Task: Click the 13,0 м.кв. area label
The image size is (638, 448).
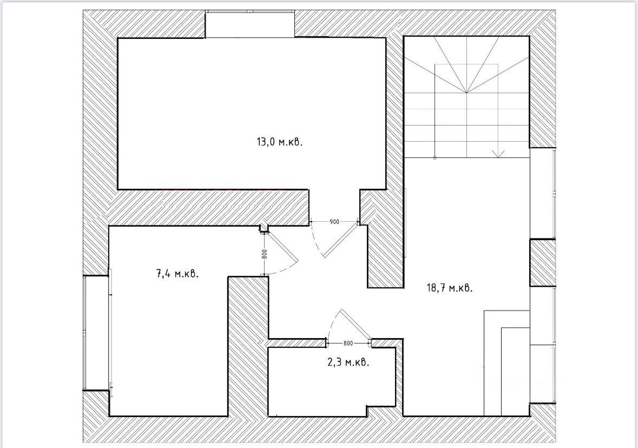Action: (279, 142)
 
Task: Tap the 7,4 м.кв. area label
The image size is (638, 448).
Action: (177, 273)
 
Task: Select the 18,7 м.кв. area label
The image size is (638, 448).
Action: (450, 288)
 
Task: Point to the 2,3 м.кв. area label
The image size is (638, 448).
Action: (348, 363)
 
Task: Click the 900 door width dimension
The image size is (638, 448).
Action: (334, 222)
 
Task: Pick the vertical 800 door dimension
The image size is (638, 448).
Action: (264, 254)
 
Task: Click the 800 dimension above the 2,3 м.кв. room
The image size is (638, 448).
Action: (348, 343)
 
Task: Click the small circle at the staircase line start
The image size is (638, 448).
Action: (435, 158)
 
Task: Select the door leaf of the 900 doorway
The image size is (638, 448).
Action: (339, 240)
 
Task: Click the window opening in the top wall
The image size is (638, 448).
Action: (249, 24)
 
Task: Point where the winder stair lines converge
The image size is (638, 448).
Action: (466, 93)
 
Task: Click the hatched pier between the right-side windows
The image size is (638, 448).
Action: (542, 263)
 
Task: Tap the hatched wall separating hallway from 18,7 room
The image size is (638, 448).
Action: (385, 243)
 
